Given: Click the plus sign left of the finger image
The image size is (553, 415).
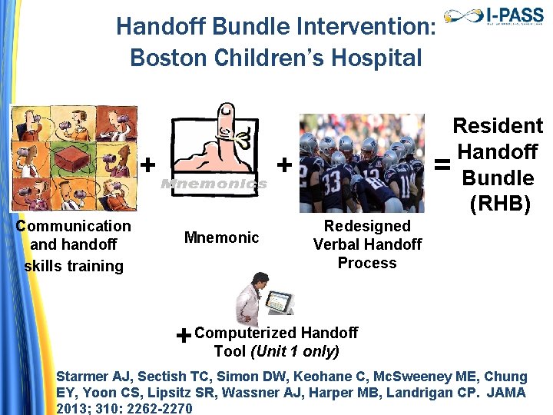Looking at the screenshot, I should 148,164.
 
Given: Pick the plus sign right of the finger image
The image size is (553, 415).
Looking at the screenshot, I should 283,164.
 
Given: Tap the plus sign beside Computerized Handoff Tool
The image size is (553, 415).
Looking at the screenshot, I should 184,336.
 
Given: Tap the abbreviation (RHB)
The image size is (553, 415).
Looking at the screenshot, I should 498,204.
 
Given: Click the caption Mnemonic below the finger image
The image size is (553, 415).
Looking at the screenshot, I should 221,237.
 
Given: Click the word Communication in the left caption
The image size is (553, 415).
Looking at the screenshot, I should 74,226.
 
